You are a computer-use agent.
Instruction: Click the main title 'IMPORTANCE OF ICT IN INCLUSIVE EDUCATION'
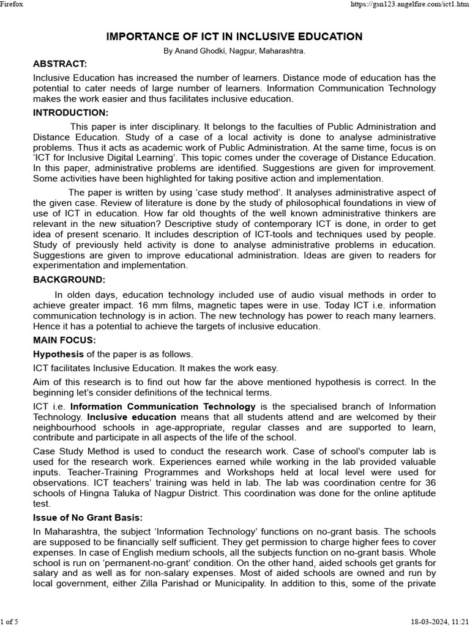pyautogui.click(x=234, y=37)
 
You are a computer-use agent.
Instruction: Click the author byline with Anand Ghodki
pyautogui.click(x=234, y=52)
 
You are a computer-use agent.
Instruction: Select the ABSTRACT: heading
pyautogui.click(x=60, y=64)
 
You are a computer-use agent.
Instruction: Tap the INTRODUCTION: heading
pyautogui.click(x=70, y=112)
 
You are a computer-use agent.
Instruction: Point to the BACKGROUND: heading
pyautogui.click(x=69, y=280)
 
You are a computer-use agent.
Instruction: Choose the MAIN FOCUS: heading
pyautogui.click(x=64, y=340)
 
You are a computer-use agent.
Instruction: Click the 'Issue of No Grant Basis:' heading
pyautogui.click(x=87, y=518)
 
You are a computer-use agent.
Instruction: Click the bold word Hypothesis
pyautogui.click(x=58, y=354)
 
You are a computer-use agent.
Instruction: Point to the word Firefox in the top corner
pyautogui.click(x=12, y=4)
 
